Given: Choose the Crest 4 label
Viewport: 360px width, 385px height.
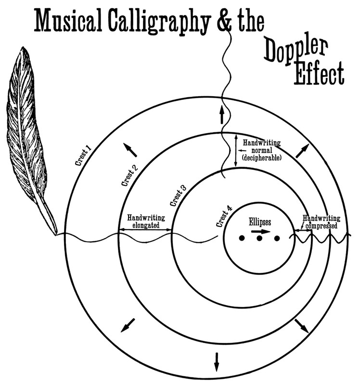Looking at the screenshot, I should click(225, 218).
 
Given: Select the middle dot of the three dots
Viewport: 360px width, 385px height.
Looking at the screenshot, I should click(259, 238).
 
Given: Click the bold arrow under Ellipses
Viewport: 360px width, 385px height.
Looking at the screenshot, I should click(260, 231).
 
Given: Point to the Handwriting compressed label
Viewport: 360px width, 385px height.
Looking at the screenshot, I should click(321, 222).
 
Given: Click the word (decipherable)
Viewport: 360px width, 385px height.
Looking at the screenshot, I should click(262, 157).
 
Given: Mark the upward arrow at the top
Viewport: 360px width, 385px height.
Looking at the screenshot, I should click(222, 115).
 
